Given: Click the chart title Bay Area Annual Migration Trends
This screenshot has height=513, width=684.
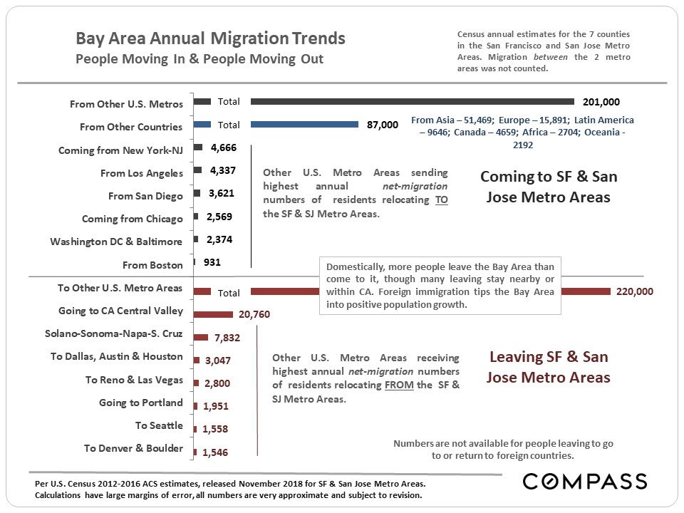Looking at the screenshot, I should click(x=210, y=38).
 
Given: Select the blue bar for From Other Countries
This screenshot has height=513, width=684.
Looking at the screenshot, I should click(x=304, y=124).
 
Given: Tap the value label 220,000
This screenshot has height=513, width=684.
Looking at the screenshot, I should click(x=634, y=291).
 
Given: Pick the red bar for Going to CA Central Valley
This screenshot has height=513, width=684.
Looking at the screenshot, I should click(x=213, y=314).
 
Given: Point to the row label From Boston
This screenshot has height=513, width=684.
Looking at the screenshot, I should click(x=152, y=265).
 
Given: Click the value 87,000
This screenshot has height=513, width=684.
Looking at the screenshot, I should click(x=383, y=125).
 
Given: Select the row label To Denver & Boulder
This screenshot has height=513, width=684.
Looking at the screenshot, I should click(x=133, y=448).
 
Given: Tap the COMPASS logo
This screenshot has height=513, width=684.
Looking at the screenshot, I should click(x=584, y=482).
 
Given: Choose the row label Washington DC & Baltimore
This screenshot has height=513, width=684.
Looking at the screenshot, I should click(x=116, y=242).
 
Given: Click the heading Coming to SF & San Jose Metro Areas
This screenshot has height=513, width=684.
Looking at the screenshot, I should click(x=548, y=187).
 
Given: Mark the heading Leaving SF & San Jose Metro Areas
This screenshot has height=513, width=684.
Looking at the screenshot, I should click(x=548, y=367).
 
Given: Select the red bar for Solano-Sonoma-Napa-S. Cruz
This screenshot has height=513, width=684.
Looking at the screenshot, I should click(x=201, y=337).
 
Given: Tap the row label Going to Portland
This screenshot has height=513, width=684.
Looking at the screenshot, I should click(x=140, y=403).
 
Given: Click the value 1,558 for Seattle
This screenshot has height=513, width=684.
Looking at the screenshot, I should click(x=217, y=429).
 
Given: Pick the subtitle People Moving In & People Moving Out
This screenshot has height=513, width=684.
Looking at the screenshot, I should click(x=199, y=59).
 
